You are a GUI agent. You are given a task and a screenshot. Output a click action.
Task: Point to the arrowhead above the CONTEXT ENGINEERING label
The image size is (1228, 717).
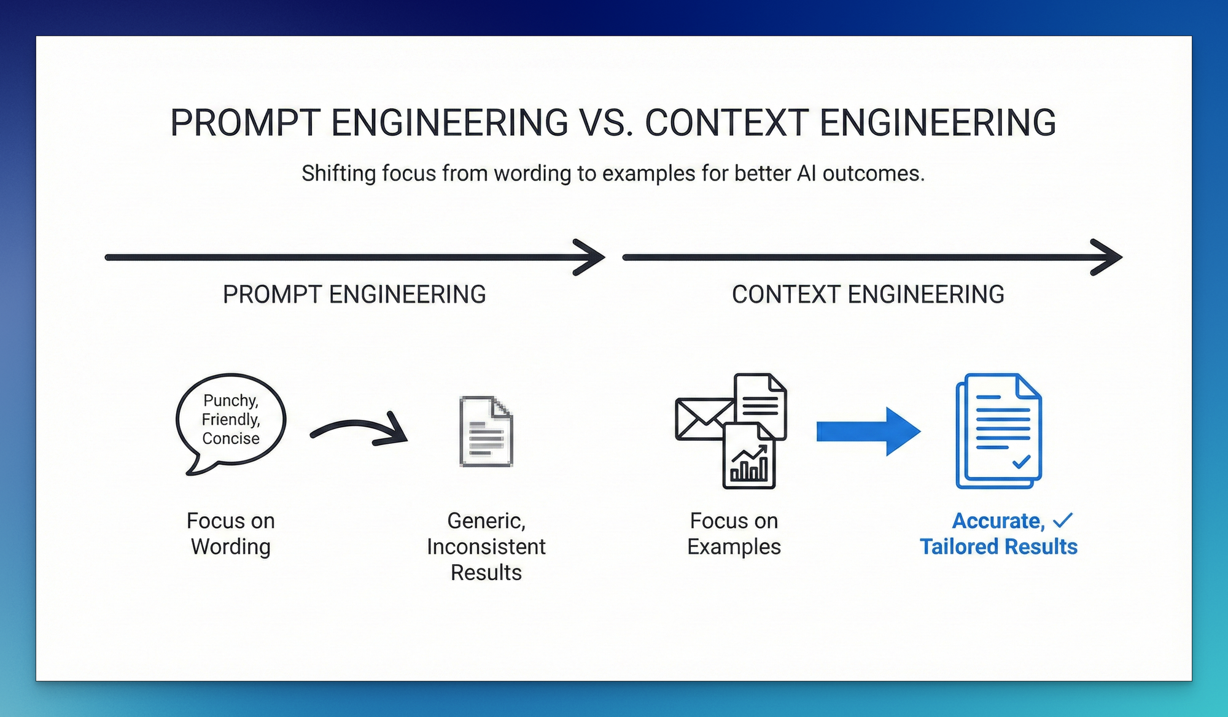[1106, 257]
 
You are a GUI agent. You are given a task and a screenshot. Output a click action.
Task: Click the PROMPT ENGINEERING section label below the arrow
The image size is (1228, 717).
[354, 295]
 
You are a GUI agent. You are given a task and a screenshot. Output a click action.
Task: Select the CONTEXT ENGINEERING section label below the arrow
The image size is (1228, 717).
[868, 295]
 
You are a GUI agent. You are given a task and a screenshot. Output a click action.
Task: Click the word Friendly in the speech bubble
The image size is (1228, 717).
[231, 419]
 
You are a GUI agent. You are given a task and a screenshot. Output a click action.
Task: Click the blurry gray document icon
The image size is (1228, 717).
[486, 432]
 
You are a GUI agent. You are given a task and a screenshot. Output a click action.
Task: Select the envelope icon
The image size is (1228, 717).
[703, 419]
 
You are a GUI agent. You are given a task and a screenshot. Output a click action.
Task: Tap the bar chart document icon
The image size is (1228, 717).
[749, 457]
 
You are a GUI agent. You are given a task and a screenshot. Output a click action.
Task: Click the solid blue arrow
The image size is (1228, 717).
[868, 432]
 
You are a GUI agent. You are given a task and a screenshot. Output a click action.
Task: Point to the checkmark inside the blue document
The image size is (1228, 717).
[1021, 461]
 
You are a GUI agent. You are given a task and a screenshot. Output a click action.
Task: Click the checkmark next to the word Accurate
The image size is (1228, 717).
[1063, 521]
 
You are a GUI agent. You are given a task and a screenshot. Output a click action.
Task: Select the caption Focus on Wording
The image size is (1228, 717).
[231, 533]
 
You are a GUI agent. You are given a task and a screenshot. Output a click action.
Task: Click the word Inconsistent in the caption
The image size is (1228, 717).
[486, 546]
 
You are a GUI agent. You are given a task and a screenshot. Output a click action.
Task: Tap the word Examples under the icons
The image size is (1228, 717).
[734, 546]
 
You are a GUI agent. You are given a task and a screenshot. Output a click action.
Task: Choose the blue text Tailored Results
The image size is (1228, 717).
[998, 546]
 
